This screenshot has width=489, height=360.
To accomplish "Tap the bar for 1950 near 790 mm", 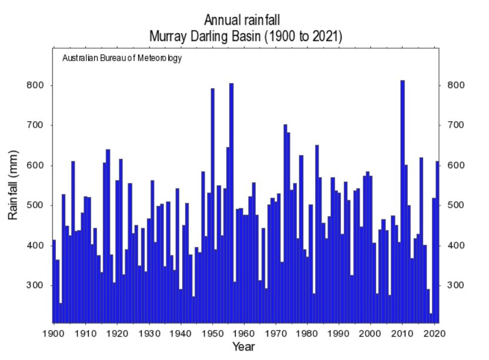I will [x=213, y=206].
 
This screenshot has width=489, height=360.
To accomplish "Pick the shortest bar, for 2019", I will [x=431, y=318].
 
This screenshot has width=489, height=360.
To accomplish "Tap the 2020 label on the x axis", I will [x=434, y=334].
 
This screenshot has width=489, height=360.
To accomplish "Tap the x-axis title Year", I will [x=243, y=346].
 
